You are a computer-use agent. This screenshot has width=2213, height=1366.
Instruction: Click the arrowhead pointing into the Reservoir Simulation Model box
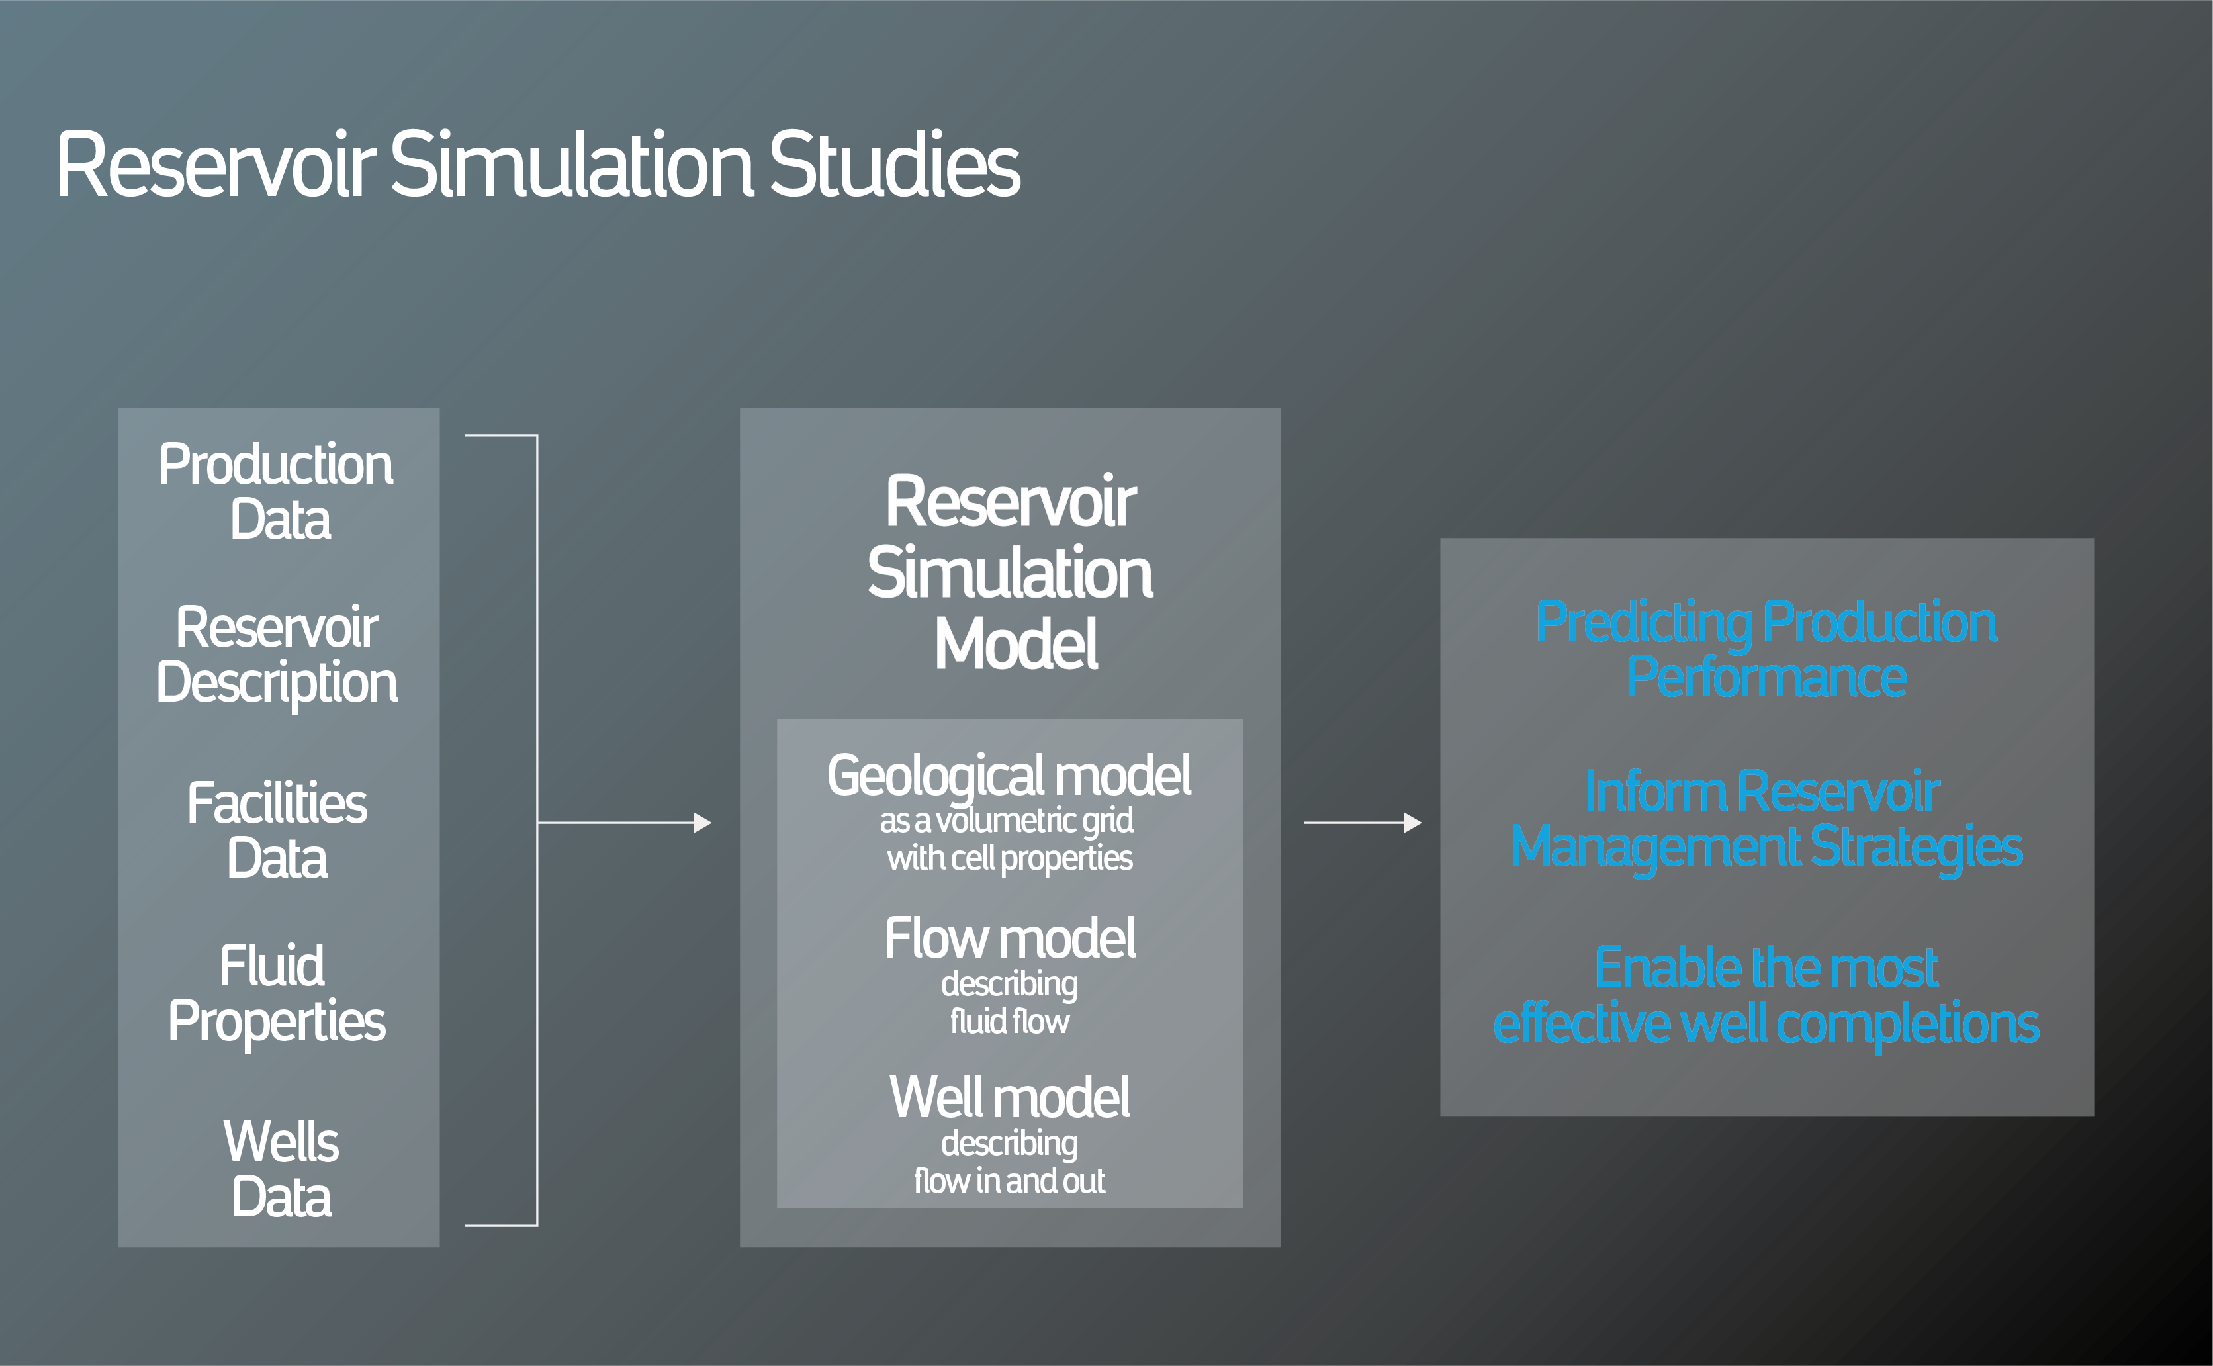coord(702,823)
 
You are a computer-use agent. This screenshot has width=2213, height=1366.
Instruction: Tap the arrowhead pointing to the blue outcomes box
coord(1413,823)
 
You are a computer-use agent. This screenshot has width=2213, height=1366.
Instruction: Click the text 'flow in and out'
coord(1009,1181)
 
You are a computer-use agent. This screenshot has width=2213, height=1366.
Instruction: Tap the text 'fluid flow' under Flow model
coord(1009,1021)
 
